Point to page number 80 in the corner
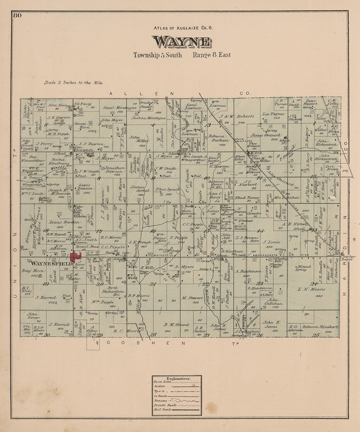(x=17, y=15)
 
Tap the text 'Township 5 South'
(x=158, y=55)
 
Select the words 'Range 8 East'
(x=211, y=55)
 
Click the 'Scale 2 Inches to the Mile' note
(x=73, y=83)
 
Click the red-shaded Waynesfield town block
(x=76, y=256)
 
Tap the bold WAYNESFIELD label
(x=52, y=264)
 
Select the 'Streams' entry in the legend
(x=161, y=400)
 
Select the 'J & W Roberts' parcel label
(x=237, y=116)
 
